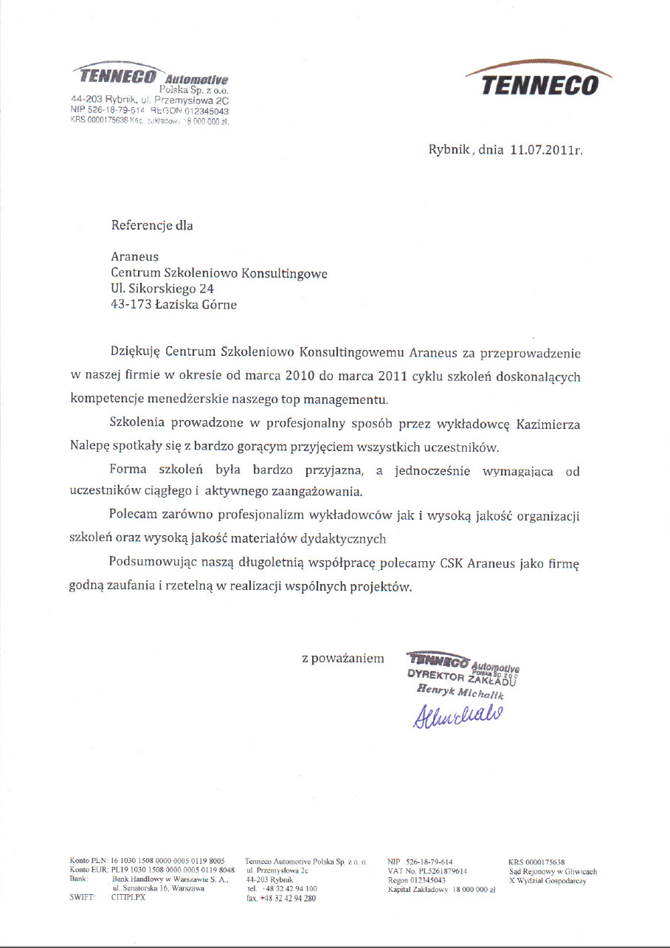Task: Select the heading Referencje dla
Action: [151, 225]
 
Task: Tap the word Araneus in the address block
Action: [134, 258]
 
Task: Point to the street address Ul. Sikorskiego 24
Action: [162, 289]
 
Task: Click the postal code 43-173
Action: [129, 304]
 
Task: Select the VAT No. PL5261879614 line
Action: [427, 871]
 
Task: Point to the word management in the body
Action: [350, 399]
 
